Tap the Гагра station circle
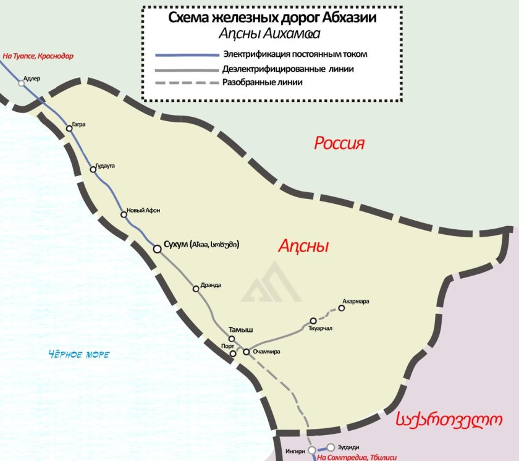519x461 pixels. point(70,129)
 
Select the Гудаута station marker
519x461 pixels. point(93,169)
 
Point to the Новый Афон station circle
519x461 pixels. point(124,214)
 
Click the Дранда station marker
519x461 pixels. point(196,288)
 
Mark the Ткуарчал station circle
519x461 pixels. point(313,321)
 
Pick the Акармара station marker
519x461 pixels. point(341,308)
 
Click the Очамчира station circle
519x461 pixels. point(246,352)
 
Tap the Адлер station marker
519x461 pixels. point(22,83)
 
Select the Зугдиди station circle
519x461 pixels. point(331,447)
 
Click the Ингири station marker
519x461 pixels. point(312,450)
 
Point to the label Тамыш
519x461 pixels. point(241,329)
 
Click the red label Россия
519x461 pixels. point(339,144)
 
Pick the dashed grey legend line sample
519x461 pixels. point(187,82)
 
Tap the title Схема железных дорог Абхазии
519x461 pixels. point(272,18)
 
